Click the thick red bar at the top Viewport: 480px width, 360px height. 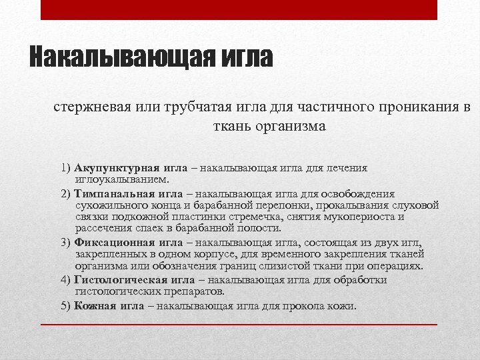click(x=239, y=10)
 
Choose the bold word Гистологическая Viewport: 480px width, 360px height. click(x=120, y=280)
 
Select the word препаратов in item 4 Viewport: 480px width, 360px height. click(x=194, y=291)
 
